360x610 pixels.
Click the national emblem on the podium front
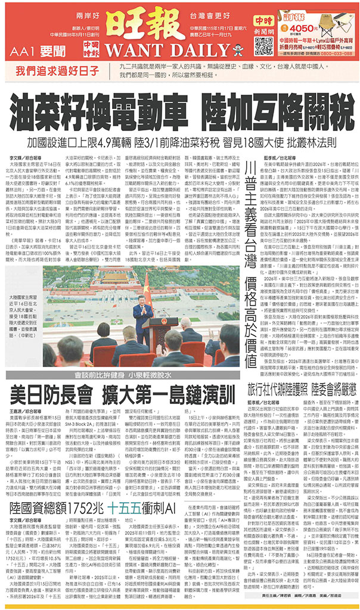(143, 335)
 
